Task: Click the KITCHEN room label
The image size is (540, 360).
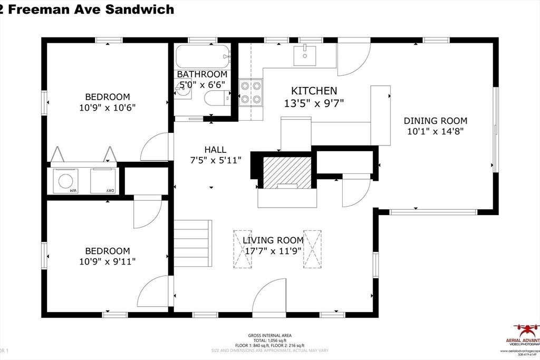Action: click(x=311, y=91)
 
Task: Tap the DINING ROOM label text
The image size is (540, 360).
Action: click(x=436, y=121)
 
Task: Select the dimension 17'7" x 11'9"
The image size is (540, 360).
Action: click(x=273, y=251)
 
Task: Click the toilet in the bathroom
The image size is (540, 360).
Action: click(x=217, y=98)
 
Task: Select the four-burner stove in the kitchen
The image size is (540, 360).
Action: click(x=251, y=92)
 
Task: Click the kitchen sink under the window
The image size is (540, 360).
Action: click(x=305, y=53)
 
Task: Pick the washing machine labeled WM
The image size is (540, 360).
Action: click(x=66, y=181)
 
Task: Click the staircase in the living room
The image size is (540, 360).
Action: click(x=193, y=244)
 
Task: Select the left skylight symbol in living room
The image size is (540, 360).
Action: click(x=243, y=249)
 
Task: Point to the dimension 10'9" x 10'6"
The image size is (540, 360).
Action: click(x=108, y=107)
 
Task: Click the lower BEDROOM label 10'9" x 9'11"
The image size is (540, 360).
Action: click(x=108, y=256)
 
